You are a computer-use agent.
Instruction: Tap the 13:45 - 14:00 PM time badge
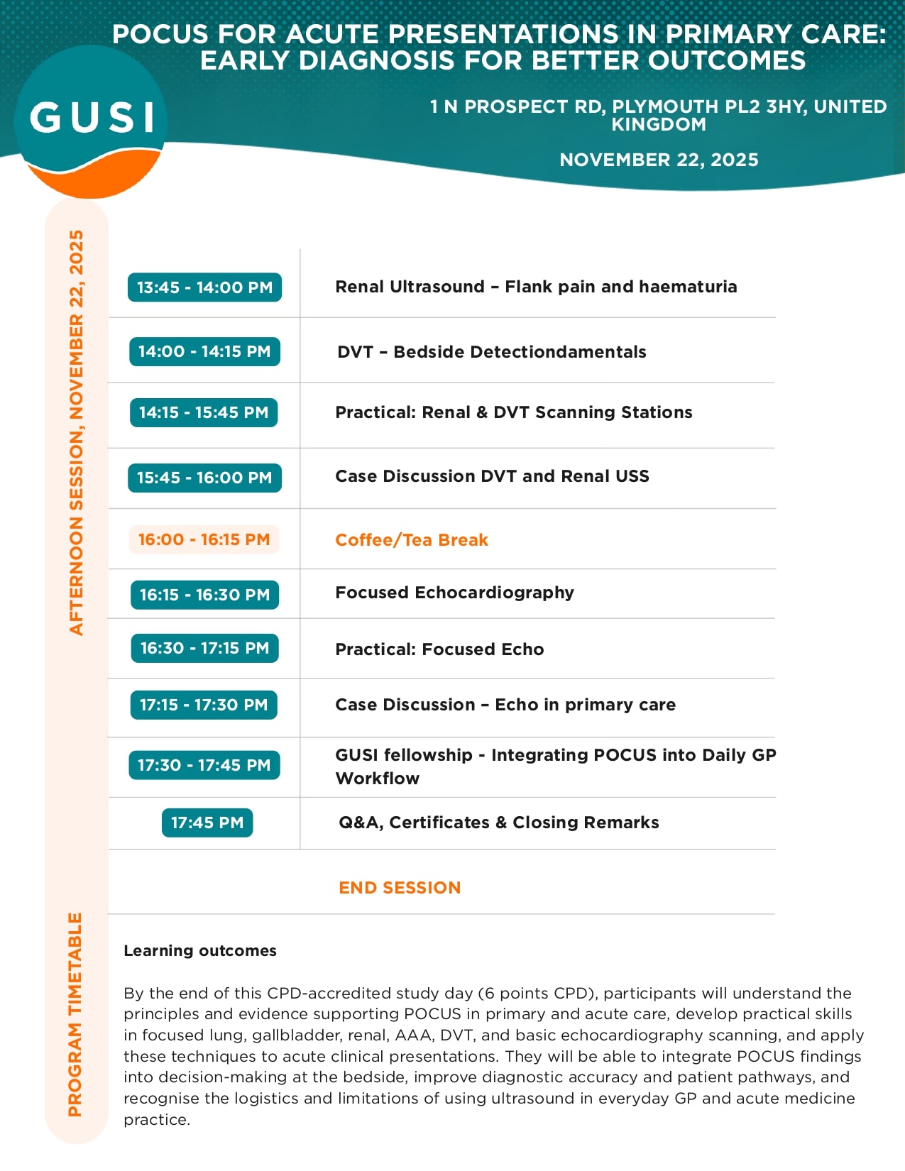pos(204,287)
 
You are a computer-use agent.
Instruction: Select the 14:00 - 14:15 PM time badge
pos(204,351)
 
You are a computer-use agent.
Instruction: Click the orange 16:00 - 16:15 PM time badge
pos(204,539)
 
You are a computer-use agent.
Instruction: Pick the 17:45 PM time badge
pos(207,823)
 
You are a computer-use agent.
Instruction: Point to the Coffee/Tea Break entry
pos(412,540)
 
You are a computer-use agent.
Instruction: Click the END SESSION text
pos(400,888)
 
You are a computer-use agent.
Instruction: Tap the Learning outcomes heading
pos(200,951)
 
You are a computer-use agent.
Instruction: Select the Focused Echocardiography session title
pos(454,593)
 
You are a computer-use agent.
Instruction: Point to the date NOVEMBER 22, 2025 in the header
pos(659,160)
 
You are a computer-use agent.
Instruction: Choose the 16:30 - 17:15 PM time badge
pos(204,648)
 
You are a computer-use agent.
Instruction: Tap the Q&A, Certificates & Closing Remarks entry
pos(498,823)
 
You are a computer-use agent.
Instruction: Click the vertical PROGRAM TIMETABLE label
pos(75,1015)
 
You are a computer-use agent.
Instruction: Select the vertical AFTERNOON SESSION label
pos(76,433)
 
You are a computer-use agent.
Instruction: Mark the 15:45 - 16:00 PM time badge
pos(204,478)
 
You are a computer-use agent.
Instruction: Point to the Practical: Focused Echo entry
pos(439,649)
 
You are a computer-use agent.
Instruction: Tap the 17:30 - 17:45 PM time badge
pos(204,765)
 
